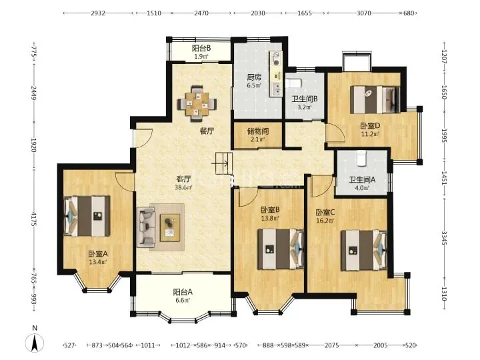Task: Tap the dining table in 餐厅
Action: click(197, 103)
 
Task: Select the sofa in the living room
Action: click(146, 227)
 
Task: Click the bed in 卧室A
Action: click(87, 216)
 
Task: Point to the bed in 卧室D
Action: click(375, 99)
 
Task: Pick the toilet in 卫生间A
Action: click(362, 158)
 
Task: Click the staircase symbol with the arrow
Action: click(222, 163)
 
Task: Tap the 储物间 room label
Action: click(258, 131)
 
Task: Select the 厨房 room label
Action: click(254, 77)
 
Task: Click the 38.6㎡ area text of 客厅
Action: click(183, 187)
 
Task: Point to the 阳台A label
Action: click(183, 292)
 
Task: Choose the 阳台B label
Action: click(201, 49)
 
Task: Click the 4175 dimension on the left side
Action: click(34, 219)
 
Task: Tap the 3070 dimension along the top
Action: click(364, 13)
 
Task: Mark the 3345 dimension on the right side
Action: click(445, 238)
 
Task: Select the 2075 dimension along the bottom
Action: click(331, 345)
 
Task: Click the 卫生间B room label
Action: click(304, 99)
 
